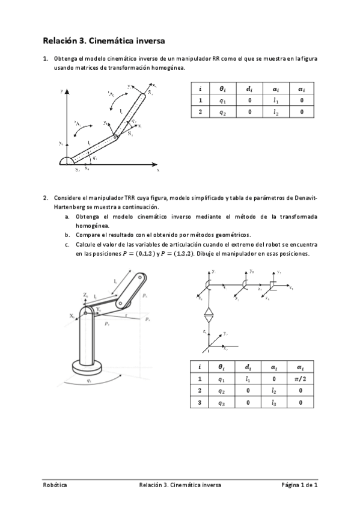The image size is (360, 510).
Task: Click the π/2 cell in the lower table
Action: coord(302,379)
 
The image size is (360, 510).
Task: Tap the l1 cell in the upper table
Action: coord(275,100)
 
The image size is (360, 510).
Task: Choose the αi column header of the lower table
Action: coord(302,367)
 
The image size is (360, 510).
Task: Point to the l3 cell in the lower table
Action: coord(274,402)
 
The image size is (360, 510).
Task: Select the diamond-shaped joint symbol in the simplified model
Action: coord(209,314)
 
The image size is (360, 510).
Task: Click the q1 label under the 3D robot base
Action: coord(89,380)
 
